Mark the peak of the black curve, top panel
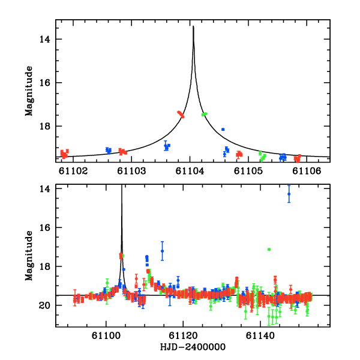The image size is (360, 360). coord(193,27)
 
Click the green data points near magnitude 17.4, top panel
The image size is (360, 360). coord(205,114)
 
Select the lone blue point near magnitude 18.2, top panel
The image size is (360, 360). coord(223,130)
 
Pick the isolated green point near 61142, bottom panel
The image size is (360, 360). coord(269,249)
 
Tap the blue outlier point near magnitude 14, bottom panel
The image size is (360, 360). coord(289,194)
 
